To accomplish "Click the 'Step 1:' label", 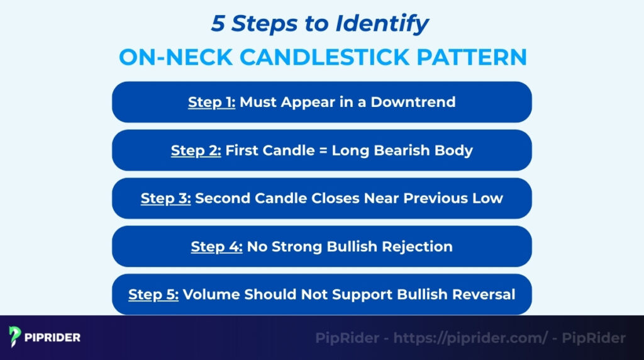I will pos(211,102).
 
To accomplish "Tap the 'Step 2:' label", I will pos(196,150).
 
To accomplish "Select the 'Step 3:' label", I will pos(165,198).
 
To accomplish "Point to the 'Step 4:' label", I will pos(216,247).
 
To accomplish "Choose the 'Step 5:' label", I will pos(153,295).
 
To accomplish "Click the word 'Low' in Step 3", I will pos(489,198).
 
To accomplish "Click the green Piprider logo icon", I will pos(16,337).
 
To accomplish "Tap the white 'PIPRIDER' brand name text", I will pos(53,338).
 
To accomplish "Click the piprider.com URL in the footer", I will pos(471,338).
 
